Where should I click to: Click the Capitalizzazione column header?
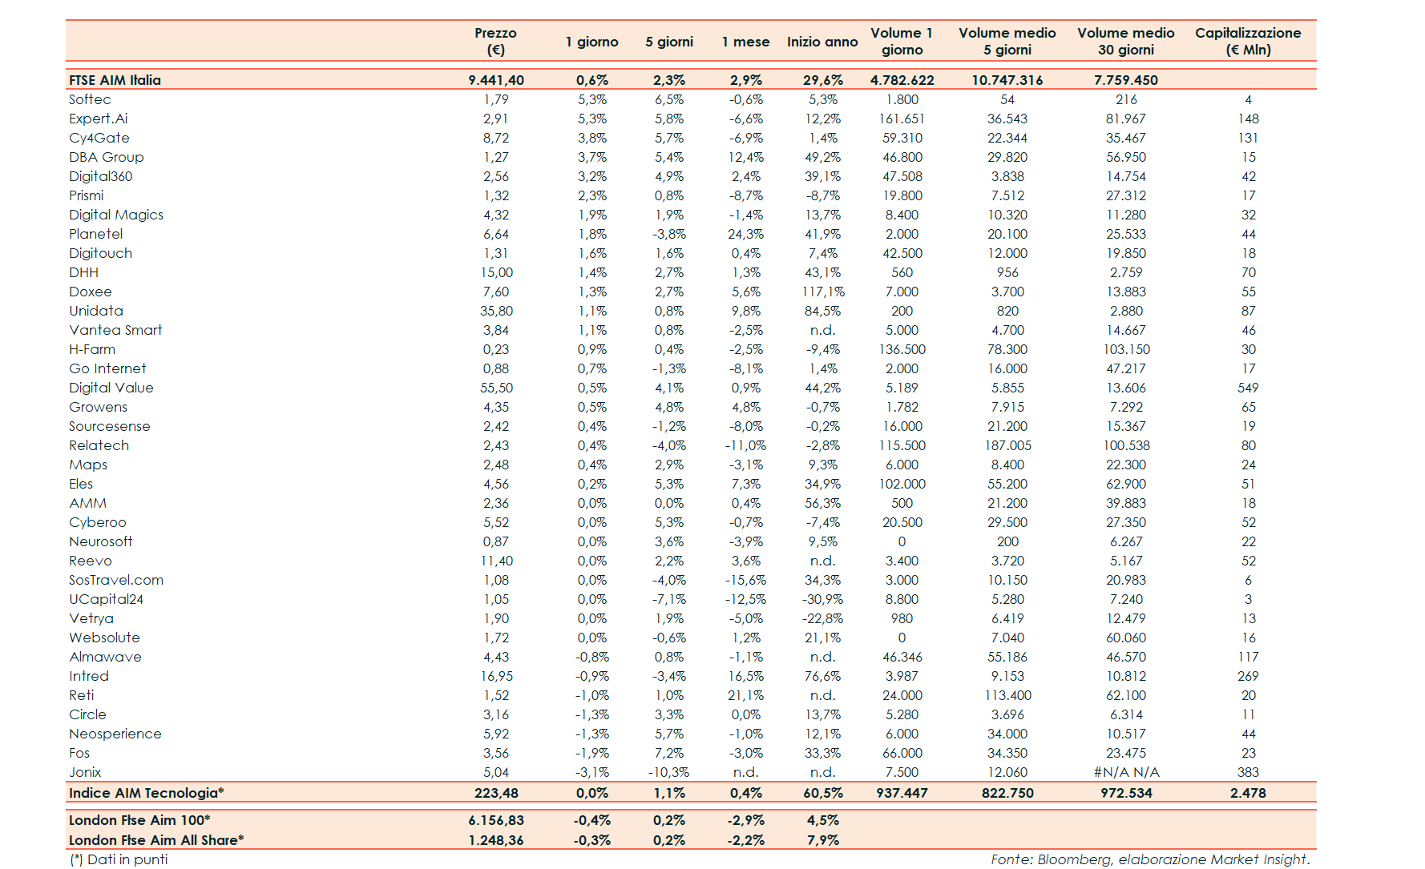[1248, 41]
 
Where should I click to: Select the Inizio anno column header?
[822, 42]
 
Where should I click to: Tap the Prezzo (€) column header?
[495, 41]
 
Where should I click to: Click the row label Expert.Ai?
[98, 119]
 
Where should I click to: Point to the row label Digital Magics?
[116, 215]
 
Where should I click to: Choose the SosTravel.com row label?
[116, 580]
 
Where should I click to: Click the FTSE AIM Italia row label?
[115, 80]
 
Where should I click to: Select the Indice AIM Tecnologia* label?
[146, 793]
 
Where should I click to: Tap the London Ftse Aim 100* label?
[139, 820]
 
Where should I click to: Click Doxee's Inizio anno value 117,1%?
[823, 292]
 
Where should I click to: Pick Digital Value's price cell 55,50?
[496, 388]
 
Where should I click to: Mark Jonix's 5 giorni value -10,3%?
[668, 772]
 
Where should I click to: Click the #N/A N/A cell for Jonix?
[1126, 772]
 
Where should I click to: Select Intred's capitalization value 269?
[1248, 676]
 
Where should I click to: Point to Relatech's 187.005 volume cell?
[1007, 445]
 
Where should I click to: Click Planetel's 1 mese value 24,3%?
[745, 234]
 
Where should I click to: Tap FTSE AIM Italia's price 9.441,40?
[496, 80]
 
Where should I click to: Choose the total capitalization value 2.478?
[1248, 793]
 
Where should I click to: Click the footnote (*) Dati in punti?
[119, 859]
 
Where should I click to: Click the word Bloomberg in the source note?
[1073, 859]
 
